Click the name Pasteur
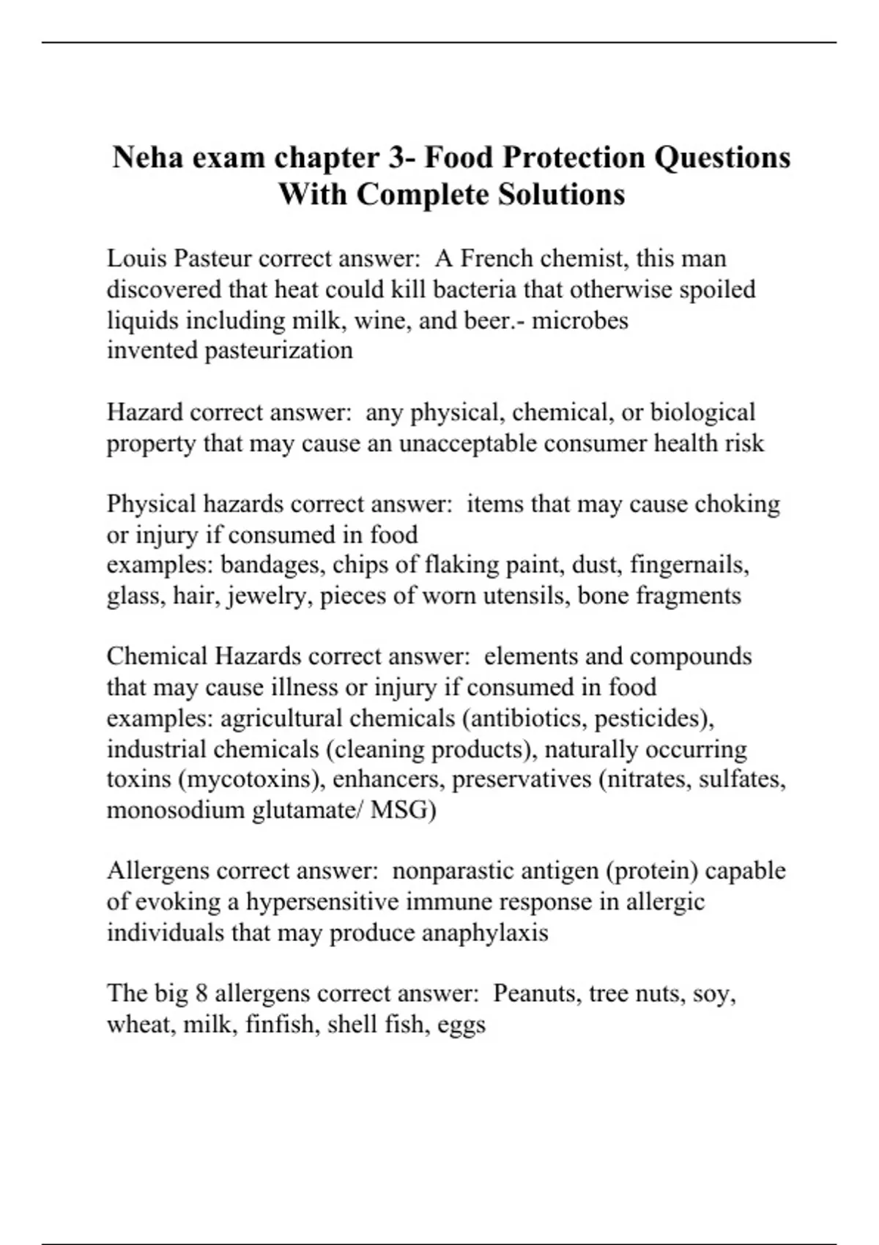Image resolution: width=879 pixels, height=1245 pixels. pyautogui.click(x=212, y=259)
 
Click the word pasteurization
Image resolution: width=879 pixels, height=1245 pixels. pyautogui.click(x=278, y=351)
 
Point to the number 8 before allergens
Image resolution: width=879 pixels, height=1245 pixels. pyautogui.click(x=202, y=994)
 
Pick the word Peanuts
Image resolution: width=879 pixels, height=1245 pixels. pyautogui.click(x=535, y=994)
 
